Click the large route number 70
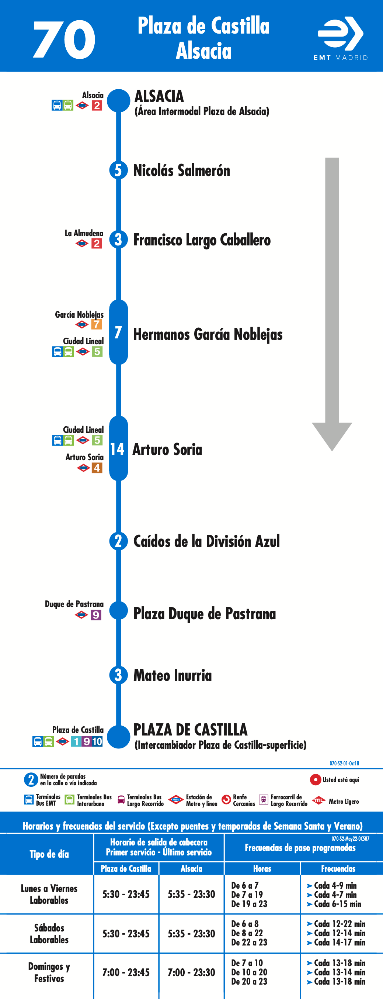(x=64, y=39)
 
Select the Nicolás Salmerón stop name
(x=182, y=170)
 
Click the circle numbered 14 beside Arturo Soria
(x=118, y=449)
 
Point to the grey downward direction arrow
(x=332, y=304)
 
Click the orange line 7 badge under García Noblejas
(x=97, y=324)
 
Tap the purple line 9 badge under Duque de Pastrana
(x=95, y=615)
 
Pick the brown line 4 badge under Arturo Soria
(x=97, y=468)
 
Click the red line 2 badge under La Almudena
(x=97, y=243)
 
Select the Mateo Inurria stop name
(x=173, y=675)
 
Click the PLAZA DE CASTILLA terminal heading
(x=190, y=730)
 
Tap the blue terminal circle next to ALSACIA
(x=118, y=101)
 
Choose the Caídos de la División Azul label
(x=206, y=541)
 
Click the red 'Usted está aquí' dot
(x=315, y=779)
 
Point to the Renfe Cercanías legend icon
(x=226, y=800)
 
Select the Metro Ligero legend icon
(x=318, y=800)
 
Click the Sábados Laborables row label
(x=49, y=933)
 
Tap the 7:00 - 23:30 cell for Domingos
(x=191, y=972)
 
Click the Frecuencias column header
(x=338, y=868)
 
